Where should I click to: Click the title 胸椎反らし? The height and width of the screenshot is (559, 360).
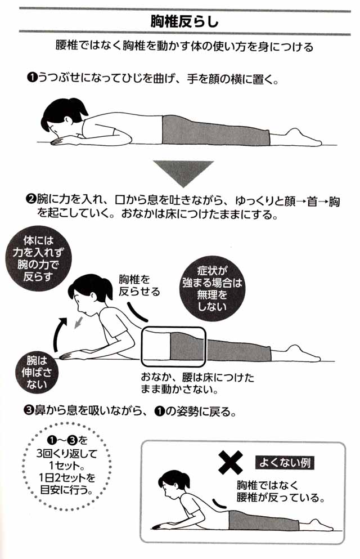click(184, 22)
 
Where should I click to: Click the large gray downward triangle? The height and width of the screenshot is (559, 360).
click(183, 173)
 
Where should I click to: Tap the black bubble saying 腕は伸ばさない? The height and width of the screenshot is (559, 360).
click(37, 372)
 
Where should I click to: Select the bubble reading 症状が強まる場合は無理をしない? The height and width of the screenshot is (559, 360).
click(212, 288)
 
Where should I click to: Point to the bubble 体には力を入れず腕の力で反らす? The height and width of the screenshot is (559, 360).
click(38, 258)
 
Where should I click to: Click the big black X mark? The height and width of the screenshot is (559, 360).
click(231, 462)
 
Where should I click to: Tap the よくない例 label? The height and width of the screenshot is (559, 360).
click(285, 463)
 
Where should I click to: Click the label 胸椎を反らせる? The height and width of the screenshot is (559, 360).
click(139, 285)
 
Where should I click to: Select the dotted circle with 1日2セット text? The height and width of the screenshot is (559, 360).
click(67, 466)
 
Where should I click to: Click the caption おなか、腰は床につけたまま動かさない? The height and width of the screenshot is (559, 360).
click(197, 383)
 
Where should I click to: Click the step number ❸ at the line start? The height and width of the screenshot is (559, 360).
click(29, 411)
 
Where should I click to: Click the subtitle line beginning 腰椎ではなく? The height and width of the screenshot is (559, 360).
click(184, 47)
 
